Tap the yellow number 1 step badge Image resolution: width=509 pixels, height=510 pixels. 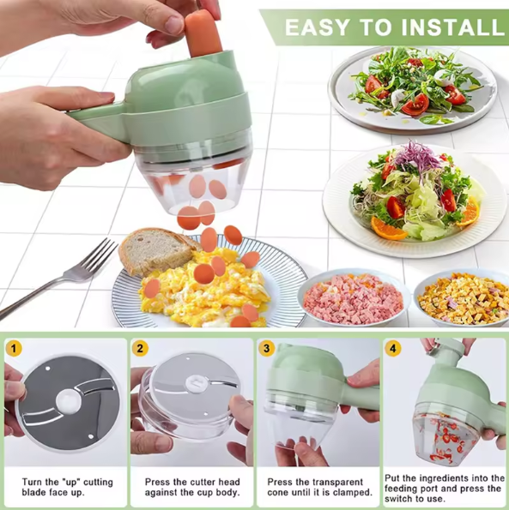click(x=14, y=348)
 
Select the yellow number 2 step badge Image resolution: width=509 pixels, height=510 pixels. click(x=141, y=349)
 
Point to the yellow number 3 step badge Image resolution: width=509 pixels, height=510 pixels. click(x=267, y=349)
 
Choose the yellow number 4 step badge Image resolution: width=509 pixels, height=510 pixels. click(x=392, y=349)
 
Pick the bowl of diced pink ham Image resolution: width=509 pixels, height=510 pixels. click(x=353, y=299)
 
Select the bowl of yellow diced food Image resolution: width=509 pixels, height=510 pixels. click(x=463, y=298)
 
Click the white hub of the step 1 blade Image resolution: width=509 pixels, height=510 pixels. click(x=66, y=399)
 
